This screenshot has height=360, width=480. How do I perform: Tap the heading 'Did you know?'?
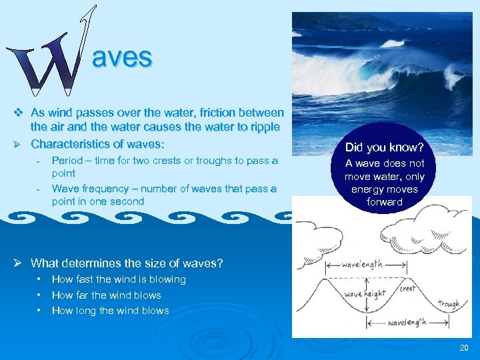tap(385, 146)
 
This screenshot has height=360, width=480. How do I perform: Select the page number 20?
tap(464, 348)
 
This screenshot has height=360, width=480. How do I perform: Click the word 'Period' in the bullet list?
tap(67, 160)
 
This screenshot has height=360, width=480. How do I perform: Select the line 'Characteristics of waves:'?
tap(97, 143)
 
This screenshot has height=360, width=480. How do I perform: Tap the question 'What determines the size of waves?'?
tap(127, 263)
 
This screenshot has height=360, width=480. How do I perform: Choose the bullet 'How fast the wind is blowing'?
tap(119, 279)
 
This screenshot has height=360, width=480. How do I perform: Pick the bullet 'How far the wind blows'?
tap(106, 295)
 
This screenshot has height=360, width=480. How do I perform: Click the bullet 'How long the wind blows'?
tap(110, 310)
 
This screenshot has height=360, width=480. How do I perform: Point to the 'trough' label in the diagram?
tap(449, 304)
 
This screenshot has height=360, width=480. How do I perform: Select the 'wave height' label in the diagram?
tap(364, 294)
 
